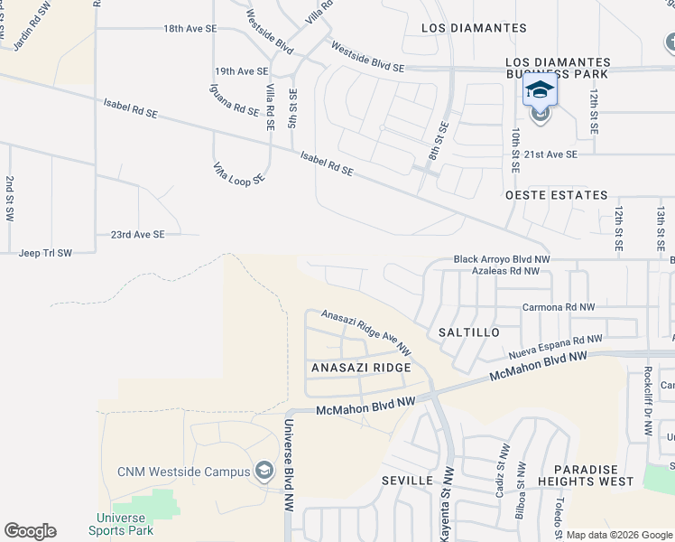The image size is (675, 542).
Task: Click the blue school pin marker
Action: pyautogui.click(x=540, y=91)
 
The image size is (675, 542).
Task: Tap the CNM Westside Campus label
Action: pyautogui.click(x=183, y=472)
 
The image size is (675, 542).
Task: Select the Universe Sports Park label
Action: pyautogui.click(x=121, y=524)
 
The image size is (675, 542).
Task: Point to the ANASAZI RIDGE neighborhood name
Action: pyautogui.click(x=361, y=369)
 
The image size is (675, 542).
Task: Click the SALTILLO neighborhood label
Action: pyautogui.click(x=468, y=332)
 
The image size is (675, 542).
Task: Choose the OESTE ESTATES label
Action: pyautogui.click(x=556, y=195)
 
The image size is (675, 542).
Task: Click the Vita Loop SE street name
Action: pyautogui.click(x=238, y=173)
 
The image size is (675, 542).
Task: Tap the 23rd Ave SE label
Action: pyautogui.click(x=138, y=234)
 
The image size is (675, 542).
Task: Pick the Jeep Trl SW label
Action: pyautogui.click(x=44, y=253)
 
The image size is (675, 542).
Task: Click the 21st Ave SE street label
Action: pyautogui.click(x=550, y=154)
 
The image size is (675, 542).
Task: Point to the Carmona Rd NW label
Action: pyautogui.click(x=559, y=307)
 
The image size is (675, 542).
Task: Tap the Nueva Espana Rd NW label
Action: pyautogui.click(x=554, y=346)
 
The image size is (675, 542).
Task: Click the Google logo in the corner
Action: pyautogui.click(x=30, y=531)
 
